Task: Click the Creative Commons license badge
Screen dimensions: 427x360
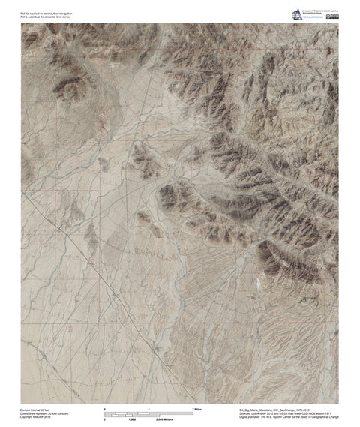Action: click(331, 17)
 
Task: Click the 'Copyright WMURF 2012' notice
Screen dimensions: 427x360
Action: click(34, 417)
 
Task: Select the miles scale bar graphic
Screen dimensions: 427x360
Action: click(150, 412)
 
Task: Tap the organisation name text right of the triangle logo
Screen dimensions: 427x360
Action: click(318, 11)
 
